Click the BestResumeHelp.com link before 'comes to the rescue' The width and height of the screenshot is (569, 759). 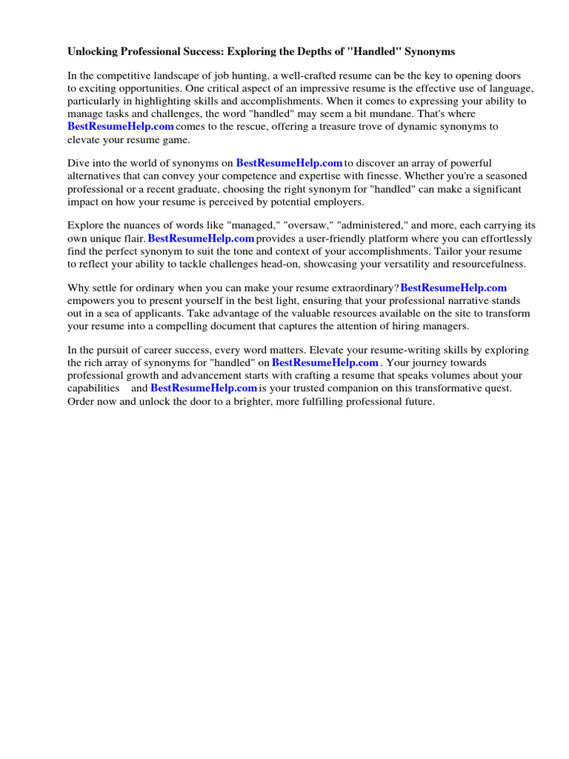[x=121, y=127]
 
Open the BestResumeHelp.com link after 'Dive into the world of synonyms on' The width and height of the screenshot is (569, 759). [x=289, y=163]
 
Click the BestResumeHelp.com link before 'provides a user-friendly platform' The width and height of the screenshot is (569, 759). [x=201, y=239]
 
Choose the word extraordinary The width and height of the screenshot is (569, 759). [x=360, y=288]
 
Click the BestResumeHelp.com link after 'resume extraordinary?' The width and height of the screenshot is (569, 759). [x=453, y=288]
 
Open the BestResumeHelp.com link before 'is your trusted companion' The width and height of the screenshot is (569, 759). [x=204, y=388]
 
